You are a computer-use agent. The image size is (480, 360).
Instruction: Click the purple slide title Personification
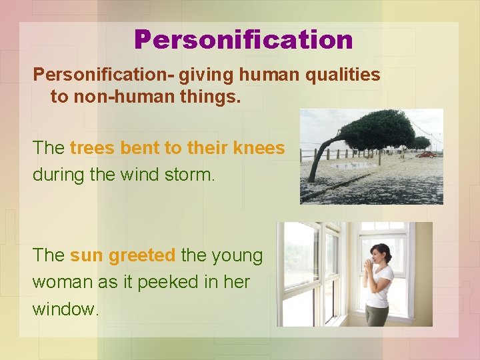[243, 39]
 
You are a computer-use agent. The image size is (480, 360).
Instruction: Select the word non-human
[114, 97]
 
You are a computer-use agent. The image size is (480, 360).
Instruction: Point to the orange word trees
[92, 148]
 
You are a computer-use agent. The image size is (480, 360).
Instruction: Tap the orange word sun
[87, 255]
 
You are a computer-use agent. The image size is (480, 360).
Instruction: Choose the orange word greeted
[142, 255]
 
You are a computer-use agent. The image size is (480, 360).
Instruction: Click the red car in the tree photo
[425, 154]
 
